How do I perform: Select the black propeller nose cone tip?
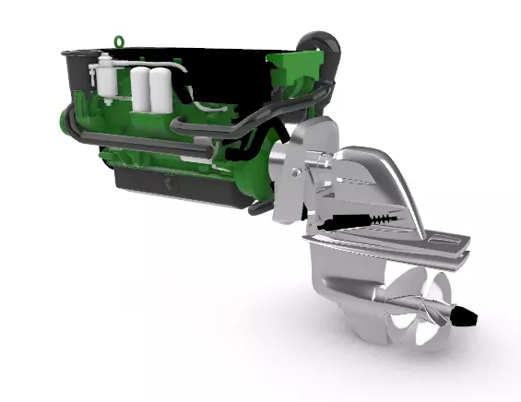pyautogui.click(x=468, y=318)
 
